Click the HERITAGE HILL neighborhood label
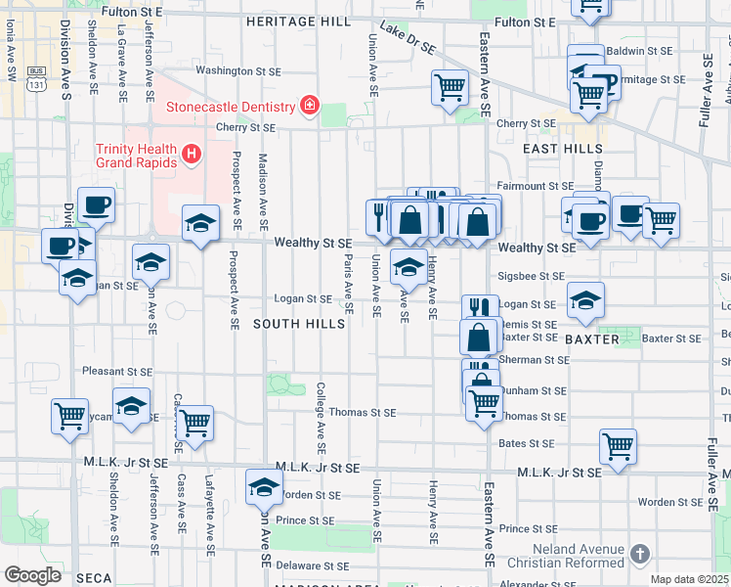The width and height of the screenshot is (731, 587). [x=298, y=21]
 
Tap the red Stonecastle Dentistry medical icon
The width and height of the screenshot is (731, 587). [x=310, y=106]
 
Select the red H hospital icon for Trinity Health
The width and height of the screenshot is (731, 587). [x=192, y=154]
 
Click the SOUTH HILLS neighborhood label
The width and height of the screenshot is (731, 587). [x=299, y=324]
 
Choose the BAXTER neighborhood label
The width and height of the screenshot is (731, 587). [x=592, y=339]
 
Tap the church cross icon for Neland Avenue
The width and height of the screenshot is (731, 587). [x=639, y=554]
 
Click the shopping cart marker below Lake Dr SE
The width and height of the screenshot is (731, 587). [x=450, y=89]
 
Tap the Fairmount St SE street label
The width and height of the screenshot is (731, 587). [x=534, y=185]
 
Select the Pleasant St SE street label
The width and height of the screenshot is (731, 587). [x=117, y=372]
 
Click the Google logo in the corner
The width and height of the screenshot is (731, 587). [x=32, y=575]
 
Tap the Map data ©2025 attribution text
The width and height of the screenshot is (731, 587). [x=689, y=580]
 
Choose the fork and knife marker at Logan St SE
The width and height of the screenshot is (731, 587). [x=480, y=310]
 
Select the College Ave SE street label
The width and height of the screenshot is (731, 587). [x=320, y=411]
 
